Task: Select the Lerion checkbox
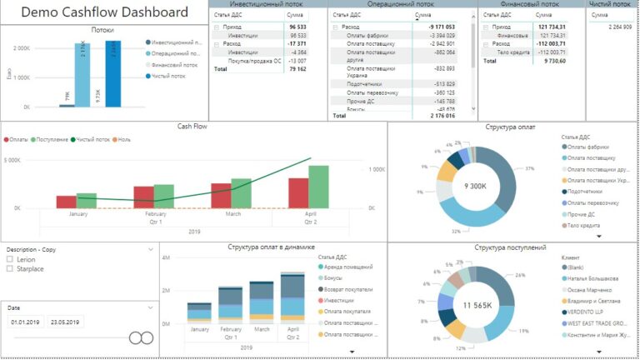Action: (x=9, y=259)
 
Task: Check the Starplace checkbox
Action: (x=9, y=269)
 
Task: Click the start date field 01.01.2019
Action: (x=26, y=322)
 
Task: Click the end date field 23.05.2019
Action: (x=65, y=322)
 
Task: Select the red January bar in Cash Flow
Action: (x=67, y=202)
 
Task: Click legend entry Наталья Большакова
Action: (x=594, y=278)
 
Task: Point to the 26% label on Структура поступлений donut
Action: (x=521, y=275)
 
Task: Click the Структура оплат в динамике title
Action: (x=271, y=247)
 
